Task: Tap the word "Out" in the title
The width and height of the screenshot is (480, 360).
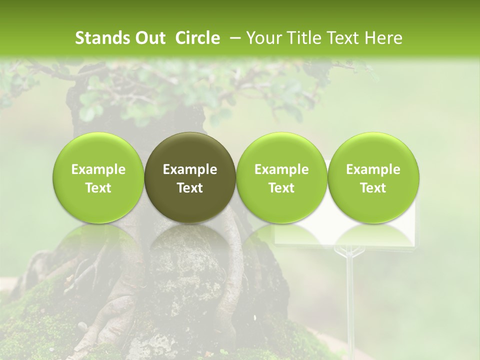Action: pos(148,38)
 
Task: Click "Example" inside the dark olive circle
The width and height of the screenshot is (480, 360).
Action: pos(190,170)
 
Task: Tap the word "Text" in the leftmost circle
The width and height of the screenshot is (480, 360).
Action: pos(98,188)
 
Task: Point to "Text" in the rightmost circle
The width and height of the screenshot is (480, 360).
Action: pos(373,188)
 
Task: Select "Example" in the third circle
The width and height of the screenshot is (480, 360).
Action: pos(281,170)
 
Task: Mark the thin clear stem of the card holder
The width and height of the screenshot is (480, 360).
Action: pos(349,290)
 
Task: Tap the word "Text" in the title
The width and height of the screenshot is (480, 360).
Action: pos(344,38)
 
